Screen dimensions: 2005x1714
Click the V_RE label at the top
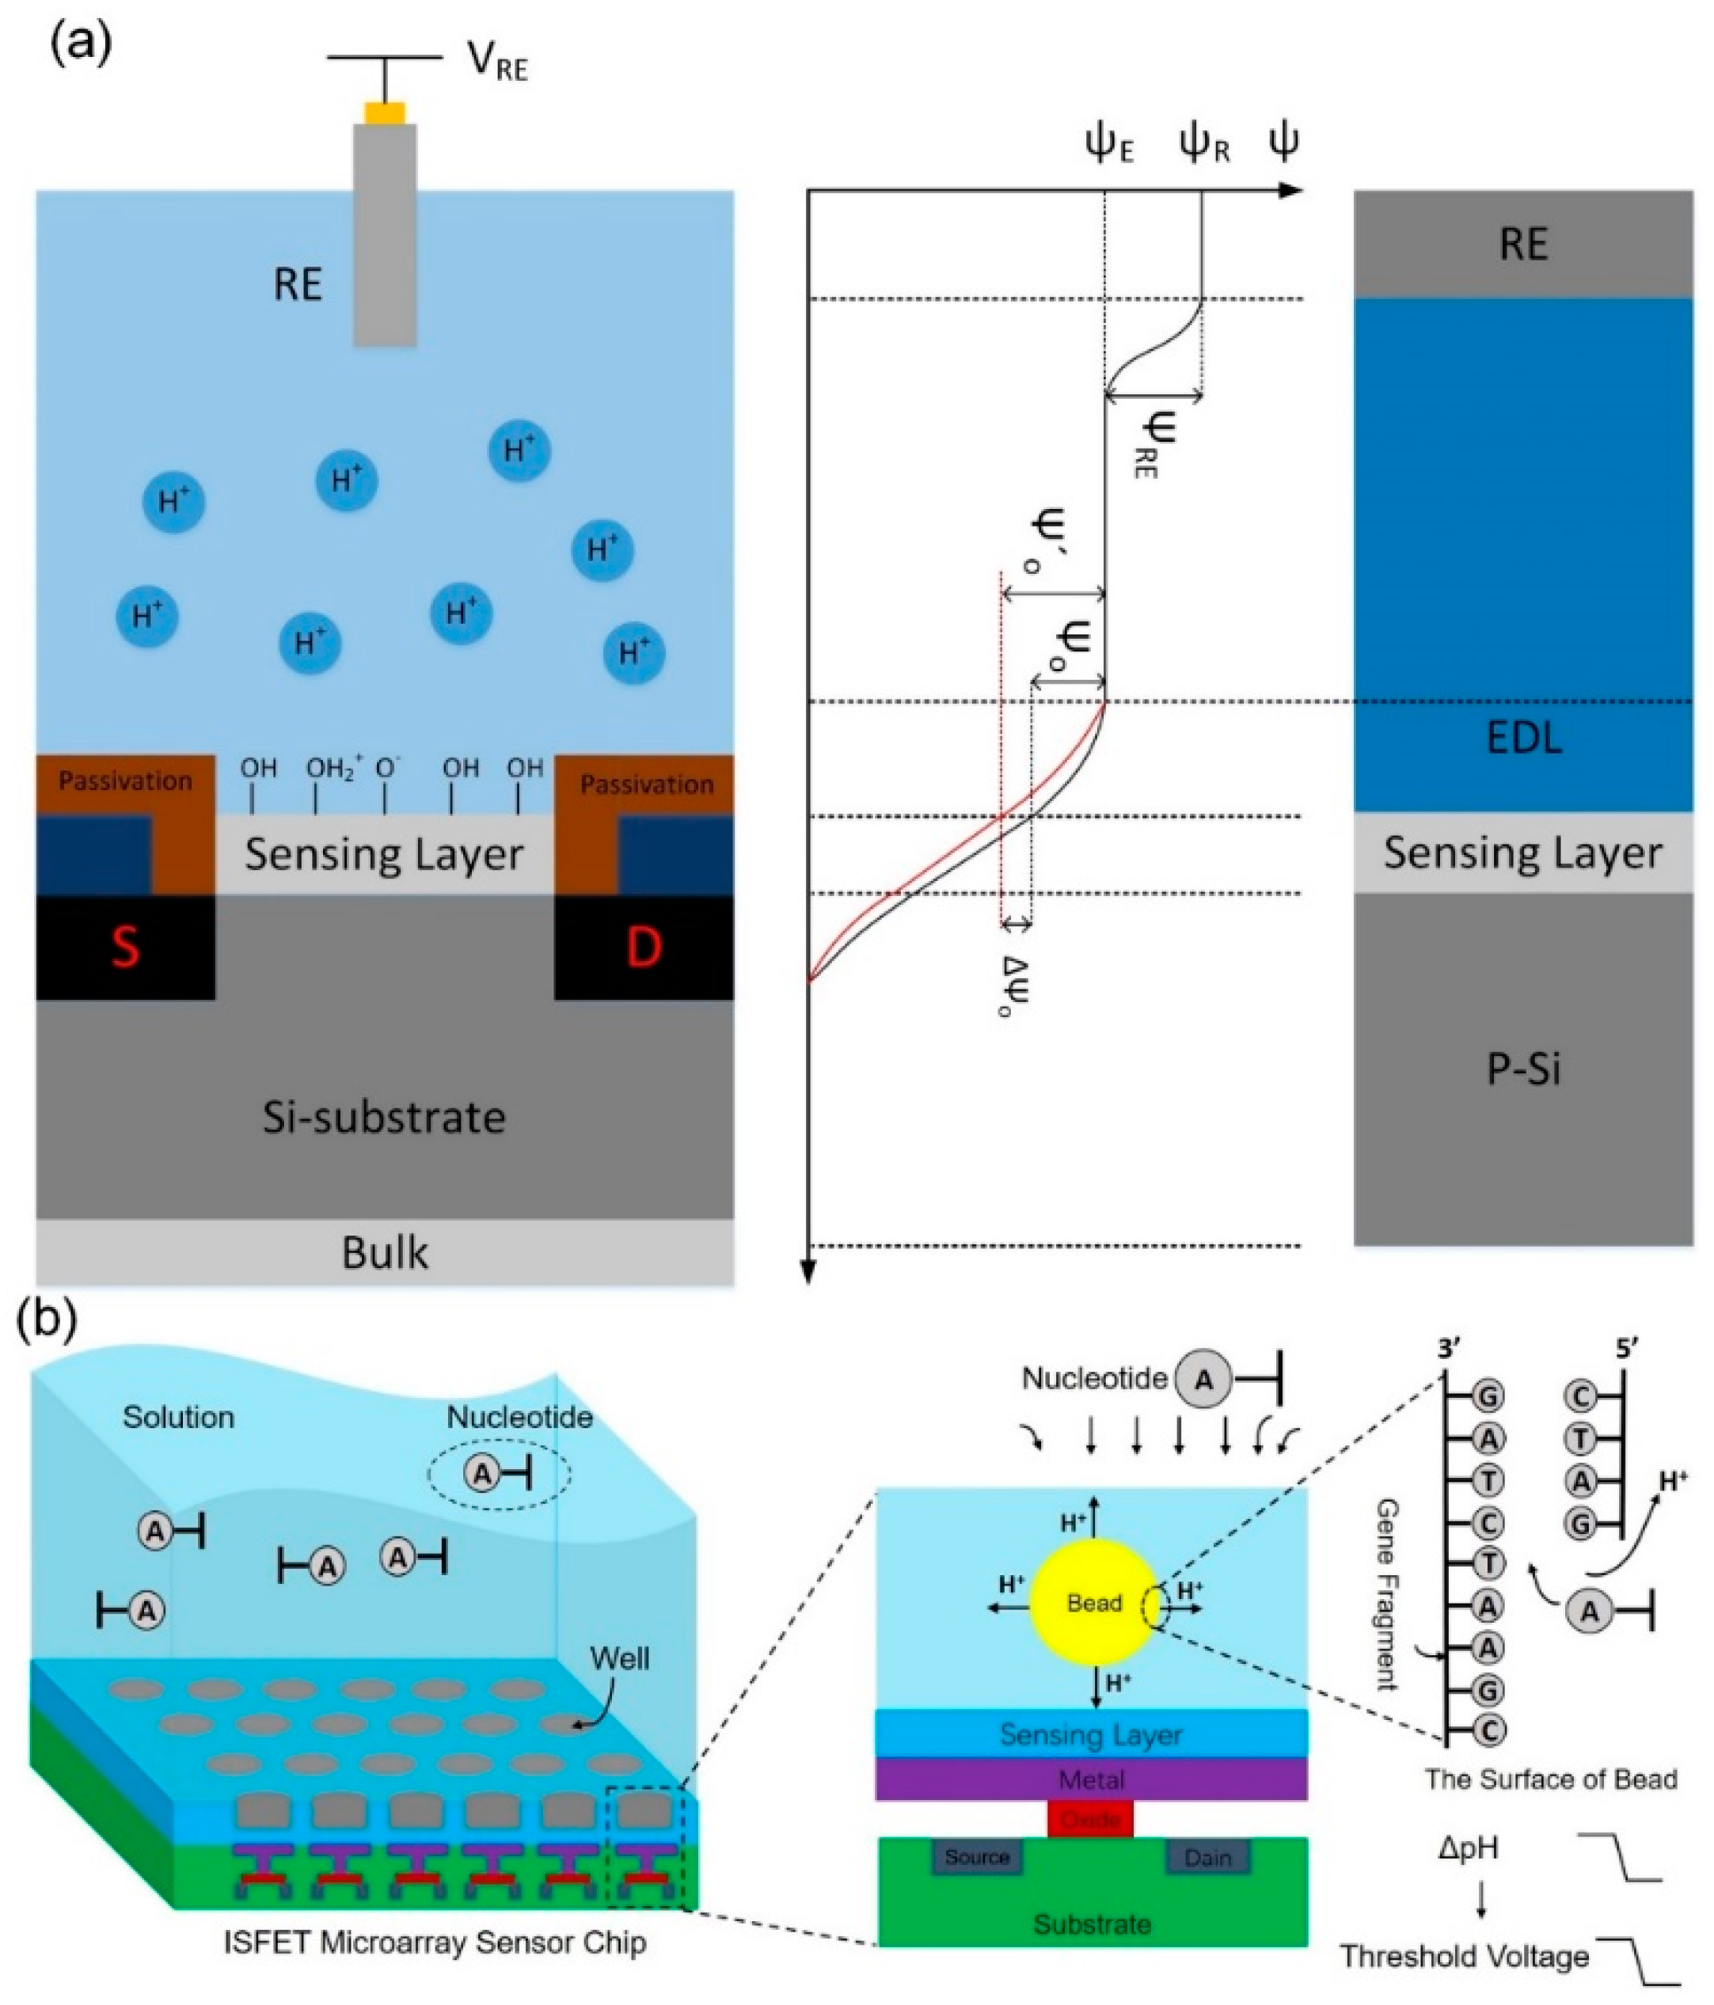(497, 62)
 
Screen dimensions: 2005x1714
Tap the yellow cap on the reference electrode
(384, 112)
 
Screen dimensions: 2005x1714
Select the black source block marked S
(126, 947)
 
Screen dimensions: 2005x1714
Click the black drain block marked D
(644, 947)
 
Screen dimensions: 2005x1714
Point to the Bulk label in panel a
(384, 1252)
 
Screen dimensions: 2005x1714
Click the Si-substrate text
(384, 1118)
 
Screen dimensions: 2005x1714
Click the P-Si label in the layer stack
(1523, 1070)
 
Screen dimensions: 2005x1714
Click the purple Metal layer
(1092, 1779)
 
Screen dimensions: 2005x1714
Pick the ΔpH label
(1467, 1847)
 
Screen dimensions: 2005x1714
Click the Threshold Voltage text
(1465, 1956)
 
